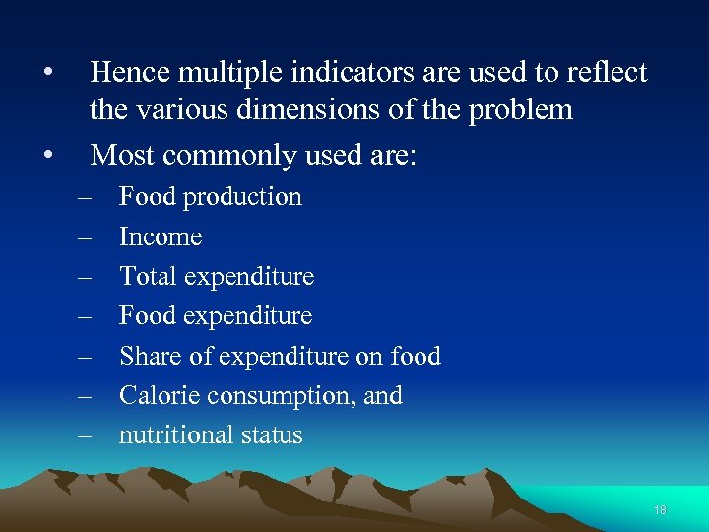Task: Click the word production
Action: click(x=243, y=197)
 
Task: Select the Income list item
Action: click(x=160, y=236)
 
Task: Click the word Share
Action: click(x=148, y=356)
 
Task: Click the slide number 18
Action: click(x=660, y=510)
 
